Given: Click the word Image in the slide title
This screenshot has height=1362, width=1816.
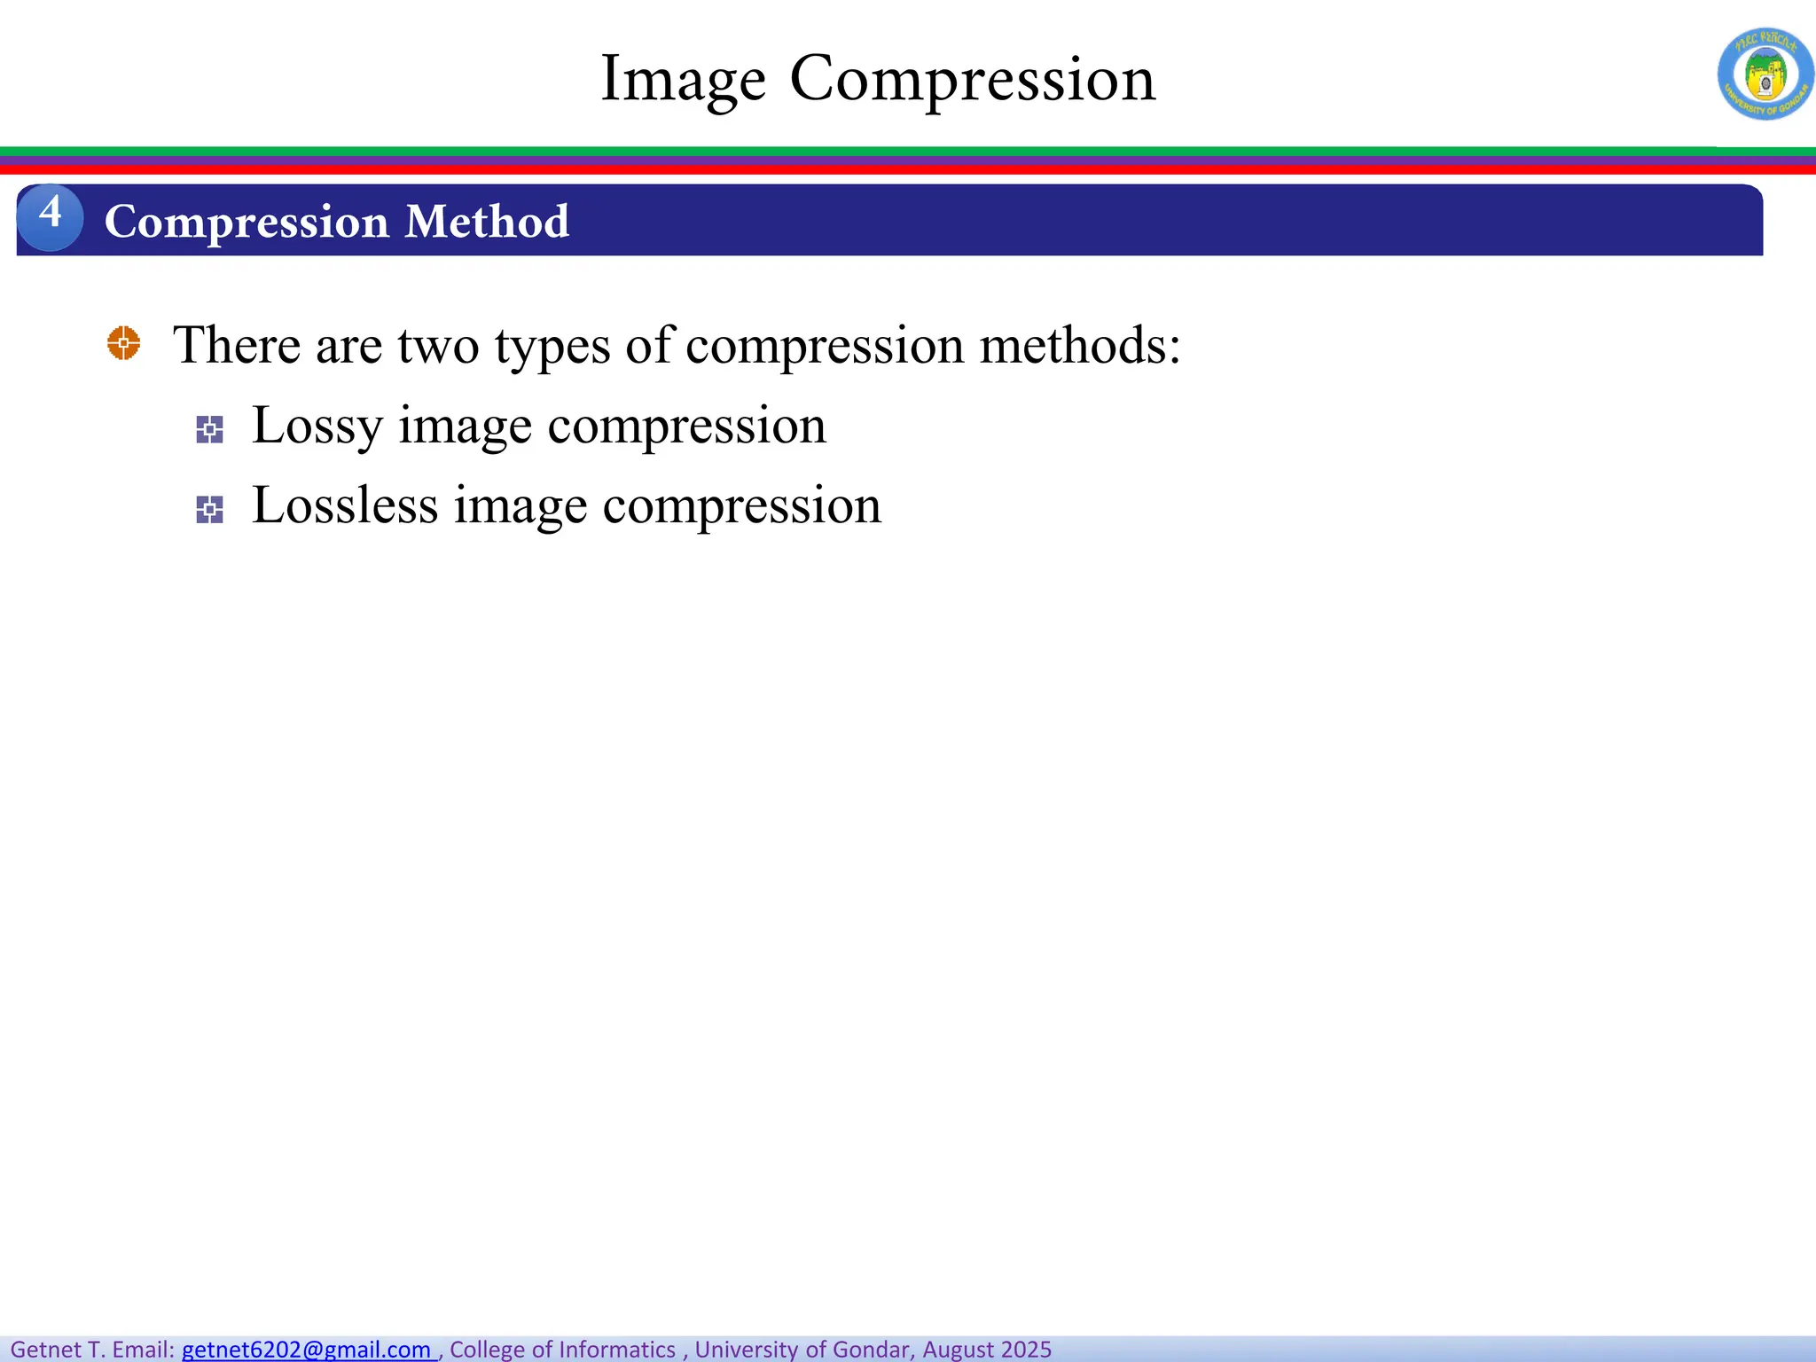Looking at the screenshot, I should pyautogui.click(x=683, y=80).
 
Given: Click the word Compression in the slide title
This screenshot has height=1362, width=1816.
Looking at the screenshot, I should pyautogui.click(x=973, y=80).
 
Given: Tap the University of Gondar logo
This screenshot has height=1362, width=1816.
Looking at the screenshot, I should pyautogui.click(x=1765, y=74).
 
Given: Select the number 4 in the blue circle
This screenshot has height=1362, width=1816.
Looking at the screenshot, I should pyautogui.click(x=51, y=215).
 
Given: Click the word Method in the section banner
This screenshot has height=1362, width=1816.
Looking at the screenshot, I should pyautogui.click(x=487, y=222).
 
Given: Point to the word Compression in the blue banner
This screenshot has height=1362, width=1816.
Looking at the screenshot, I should pyautogui.click(x=247, y=222).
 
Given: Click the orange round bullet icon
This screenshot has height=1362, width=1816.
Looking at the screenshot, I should pyautogui.click(x=123, y=343).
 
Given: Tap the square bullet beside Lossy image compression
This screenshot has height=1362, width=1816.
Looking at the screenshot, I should pyautogui.click(x=209, y=430).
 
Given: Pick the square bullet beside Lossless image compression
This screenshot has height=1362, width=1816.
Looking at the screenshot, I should pyautogui.click(x=209, y=510).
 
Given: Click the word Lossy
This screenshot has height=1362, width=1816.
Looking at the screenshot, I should pyautogui.click(x=317, y=427).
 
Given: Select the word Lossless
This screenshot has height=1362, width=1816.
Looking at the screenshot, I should pyautogui.click(x=345, y=506).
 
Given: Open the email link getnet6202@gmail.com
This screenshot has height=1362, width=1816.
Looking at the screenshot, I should pyautogui.click(x=306, y=1349).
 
